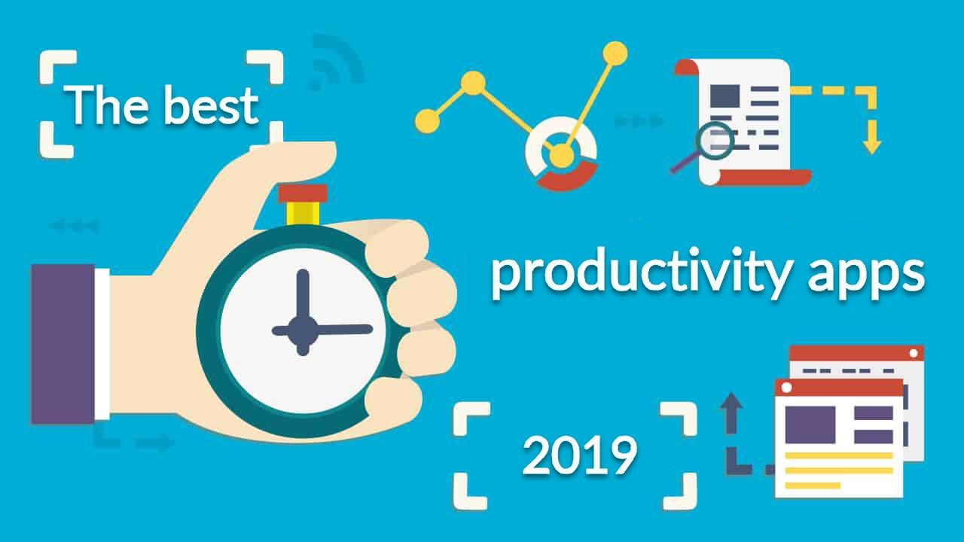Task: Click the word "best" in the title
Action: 212,105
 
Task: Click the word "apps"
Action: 865,278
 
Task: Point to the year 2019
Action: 579,455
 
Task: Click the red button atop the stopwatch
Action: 303,193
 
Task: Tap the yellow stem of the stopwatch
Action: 303,213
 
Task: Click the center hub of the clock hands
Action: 303,330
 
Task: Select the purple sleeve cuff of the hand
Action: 63,344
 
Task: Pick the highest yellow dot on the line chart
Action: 615,53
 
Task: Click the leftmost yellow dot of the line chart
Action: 427,121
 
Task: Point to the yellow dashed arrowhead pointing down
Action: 872,144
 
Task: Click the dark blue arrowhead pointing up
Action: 731,401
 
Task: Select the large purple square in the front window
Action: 810,424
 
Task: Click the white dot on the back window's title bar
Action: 914,354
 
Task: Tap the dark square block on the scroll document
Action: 725,96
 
